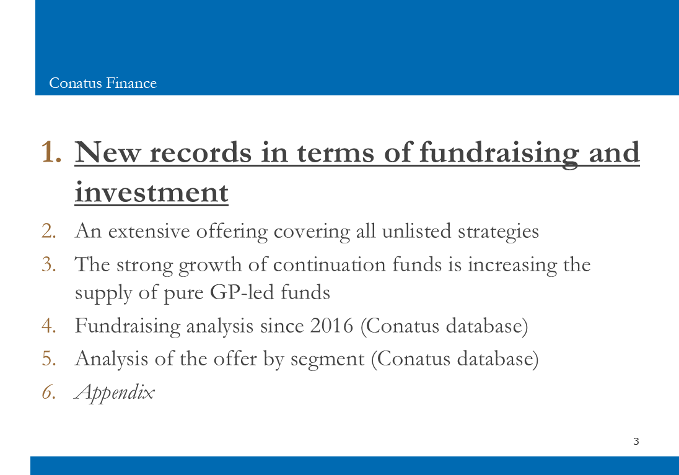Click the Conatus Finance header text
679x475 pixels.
[x=103, y=83]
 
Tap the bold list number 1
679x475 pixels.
[x=51, y=152]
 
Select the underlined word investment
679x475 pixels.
[x=152, y=192]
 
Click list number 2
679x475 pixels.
[x=49, y=231]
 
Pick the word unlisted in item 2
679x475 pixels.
[x=416, y=231]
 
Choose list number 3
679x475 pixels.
[x=49, y=264]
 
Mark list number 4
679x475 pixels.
[x=49, y=326]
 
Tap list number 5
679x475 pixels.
[x=49, y=359]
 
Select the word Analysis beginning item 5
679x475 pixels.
[x=112, y=360]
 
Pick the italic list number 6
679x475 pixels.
[x=49, y=392]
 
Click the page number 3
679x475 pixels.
[x=636, y=441]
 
